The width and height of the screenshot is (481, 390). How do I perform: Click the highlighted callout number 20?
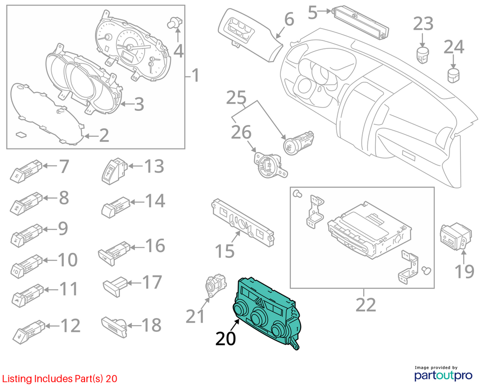point(226,338)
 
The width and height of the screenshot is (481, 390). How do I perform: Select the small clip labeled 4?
point(174,23)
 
